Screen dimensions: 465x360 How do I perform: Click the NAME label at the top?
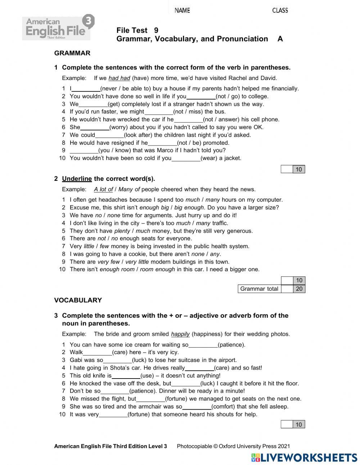tap(182, 10)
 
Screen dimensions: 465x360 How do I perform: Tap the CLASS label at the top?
tap(280, 10)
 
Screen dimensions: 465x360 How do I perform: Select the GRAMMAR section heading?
tap(72, 53)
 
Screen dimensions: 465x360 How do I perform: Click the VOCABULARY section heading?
tap(78, 300)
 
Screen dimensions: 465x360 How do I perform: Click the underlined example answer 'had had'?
tap(119, 78)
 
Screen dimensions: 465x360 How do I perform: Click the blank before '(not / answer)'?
tap(189, 120)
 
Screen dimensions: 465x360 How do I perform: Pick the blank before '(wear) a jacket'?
tap(186, 158)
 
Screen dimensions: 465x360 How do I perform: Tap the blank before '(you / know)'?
tap(84, 151)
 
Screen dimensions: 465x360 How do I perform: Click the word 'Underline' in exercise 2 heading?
tap(77, 179)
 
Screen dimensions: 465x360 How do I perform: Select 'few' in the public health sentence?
tap(104, 246)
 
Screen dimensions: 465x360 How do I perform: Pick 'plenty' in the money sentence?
tap(122, 231)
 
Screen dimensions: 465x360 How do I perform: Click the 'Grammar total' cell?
tap(259, 289)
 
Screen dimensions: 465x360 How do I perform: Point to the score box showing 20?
tap(299, 289)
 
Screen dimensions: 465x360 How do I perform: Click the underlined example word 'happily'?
tap(180, 334)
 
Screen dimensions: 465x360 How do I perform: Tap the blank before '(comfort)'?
tap(197, 407)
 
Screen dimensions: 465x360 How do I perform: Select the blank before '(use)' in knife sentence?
tap(126, 376)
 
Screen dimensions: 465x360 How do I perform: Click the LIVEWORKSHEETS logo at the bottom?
tap(304, 457)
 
